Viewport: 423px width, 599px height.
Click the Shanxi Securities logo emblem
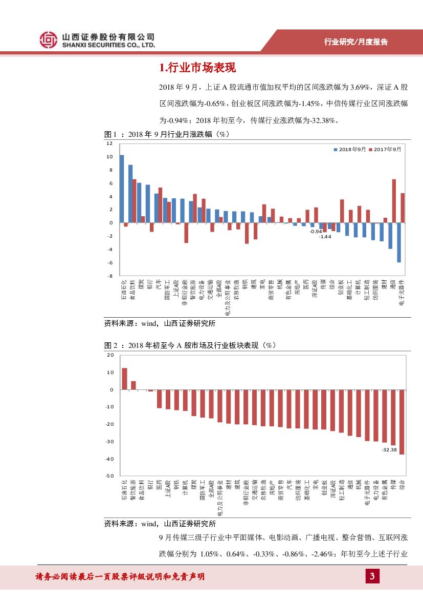[49, 39]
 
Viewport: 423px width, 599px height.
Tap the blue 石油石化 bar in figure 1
[122, 189]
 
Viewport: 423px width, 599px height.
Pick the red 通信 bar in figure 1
[394, 201]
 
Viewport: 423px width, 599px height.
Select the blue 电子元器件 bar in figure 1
[399, 242]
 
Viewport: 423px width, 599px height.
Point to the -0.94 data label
[316, 231]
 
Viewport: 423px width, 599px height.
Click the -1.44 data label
[325, 237]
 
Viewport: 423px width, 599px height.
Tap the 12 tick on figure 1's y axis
[109, 143]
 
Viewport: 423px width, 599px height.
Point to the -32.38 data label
[390, 449]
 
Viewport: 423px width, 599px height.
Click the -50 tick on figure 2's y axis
[109, 476]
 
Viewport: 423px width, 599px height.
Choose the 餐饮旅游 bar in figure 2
[133, 385]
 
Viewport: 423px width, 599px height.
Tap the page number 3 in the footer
[372, 577]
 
